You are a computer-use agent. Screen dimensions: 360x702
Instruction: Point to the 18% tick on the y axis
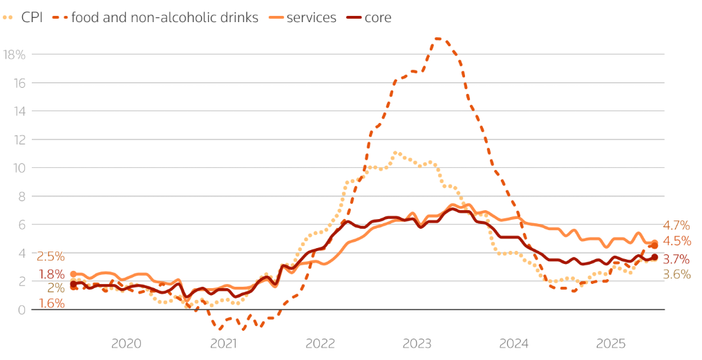click(14, 55)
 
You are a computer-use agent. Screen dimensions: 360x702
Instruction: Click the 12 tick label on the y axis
click(19, 140)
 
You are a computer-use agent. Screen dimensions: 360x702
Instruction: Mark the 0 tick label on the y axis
click(21, 310)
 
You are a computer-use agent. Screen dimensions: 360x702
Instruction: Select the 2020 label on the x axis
click(126, 343)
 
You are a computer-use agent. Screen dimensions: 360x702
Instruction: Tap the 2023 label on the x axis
click(417, 343)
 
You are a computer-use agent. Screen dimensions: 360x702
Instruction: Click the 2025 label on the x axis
click(611, 343)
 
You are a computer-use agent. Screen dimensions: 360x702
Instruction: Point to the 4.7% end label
click(676, 225)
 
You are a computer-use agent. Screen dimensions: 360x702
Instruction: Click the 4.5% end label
click(676, 241)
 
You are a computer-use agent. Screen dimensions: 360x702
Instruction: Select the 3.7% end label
click(676, 259)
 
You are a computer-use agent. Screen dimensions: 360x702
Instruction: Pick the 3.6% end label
click(676, 274)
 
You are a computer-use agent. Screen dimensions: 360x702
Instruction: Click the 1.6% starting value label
click(51, 303)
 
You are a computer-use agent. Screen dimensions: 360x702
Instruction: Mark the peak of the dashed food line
click(438, 39)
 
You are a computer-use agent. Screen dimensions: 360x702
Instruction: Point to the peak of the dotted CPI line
click(395, 152)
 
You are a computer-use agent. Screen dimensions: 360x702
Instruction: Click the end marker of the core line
click(654, 257)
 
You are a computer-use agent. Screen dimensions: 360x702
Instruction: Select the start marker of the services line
click(73, 274)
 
